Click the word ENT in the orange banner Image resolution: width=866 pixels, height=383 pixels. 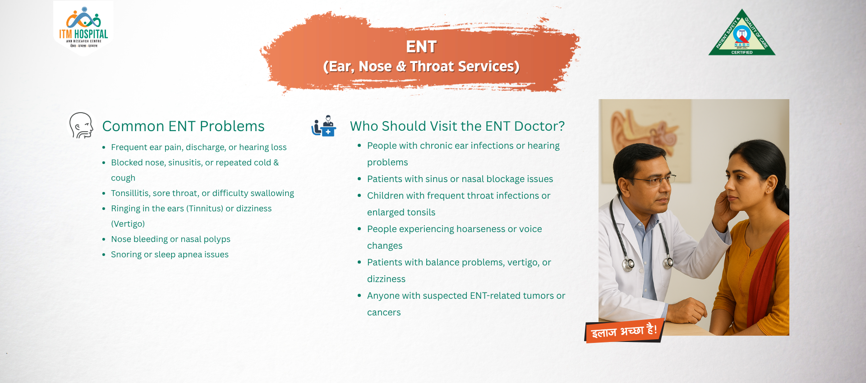421,47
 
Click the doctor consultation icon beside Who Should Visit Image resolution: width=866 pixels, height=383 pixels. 323,126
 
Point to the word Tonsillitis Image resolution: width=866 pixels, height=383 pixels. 130,193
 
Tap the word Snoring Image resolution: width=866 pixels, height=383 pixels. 126,255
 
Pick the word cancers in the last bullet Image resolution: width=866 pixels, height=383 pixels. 384,312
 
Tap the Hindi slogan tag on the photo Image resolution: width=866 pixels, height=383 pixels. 624,331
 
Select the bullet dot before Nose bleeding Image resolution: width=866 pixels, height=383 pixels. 104,239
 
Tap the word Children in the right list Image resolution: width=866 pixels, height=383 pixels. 385,196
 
